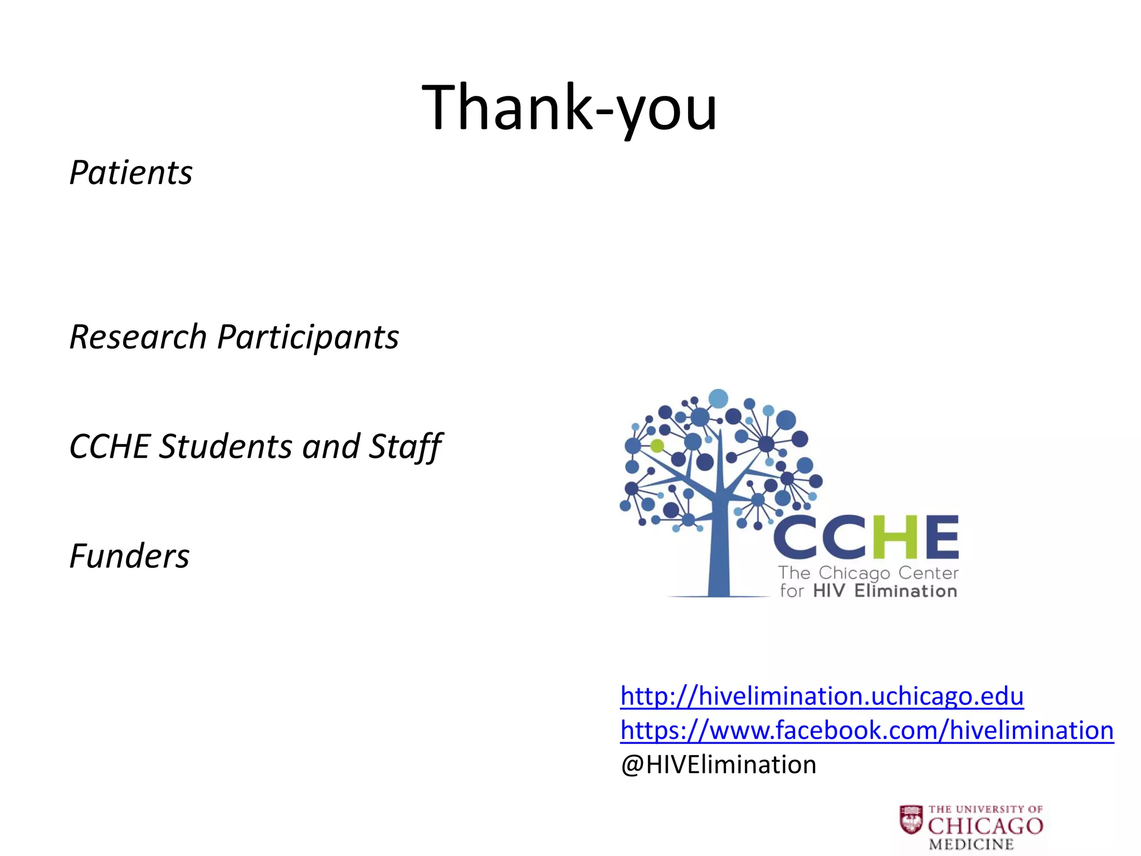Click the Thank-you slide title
(x=569, y=107)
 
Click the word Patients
(x=131, y=172)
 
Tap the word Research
(x=138, y=337)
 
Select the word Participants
(x=308, y=337)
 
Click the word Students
(x=225, y=446)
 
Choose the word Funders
(x=129, y=556)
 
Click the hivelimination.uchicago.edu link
(x=822, y=696)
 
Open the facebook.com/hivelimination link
(x=867, y=730)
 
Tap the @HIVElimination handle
(x=718, y=765)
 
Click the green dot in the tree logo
(x=657, y=445)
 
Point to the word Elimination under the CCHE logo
(x=906, y=591)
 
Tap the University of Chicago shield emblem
(x=911, y=819)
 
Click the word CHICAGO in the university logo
(x=986, y=826)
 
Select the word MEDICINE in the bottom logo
(x=971, y=845)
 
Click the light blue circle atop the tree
(x=718, y=398)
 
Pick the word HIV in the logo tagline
(x=829, y=591)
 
